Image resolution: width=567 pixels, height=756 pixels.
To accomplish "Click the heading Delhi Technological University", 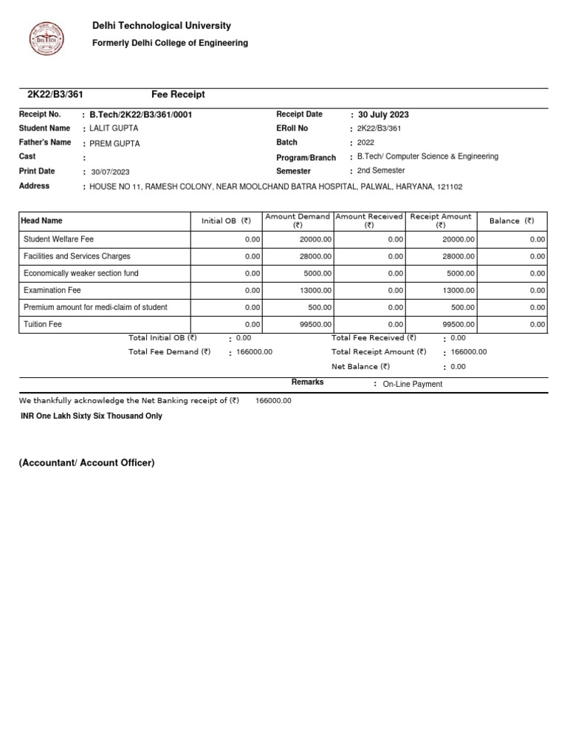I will pos(161,26).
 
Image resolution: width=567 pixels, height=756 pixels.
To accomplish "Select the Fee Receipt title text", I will pos(178,94).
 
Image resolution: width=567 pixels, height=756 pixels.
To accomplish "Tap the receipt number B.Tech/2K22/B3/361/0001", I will pos(141,115).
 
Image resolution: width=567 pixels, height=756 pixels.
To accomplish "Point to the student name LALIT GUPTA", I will pos(114,129).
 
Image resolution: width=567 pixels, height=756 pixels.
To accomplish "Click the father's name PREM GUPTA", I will pos(114,144).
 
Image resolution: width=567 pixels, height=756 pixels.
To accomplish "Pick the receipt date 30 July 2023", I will pos(383,115).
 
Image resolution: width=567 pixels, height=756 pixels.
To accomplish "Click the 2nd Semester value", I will pos(381,171).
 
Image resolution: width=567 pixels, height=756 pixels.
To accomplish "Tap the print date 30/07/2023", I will pos(111,172).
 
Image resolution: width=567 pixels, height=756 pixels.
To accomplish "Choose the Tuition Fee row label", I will pos(43,324).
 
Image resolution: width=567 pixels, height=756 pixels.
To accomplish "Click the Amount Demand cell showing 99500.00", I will pos(315,324).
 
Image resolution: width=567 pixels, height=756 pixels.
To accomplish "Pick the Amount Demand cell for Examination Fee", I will pos(315,290).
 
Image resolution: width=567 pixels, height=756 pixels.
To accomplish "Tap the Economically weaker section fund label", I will pos(81,273).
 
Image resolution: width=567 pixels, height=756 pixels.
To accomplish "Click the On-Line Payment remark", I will pos(413,385).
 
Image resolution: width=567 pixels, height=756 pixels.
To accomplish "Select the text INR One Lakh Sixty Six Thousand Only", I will pos(92,416).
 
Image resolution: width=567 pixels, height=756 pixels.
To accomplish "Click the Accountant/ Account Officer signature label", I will pos(86,463).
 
